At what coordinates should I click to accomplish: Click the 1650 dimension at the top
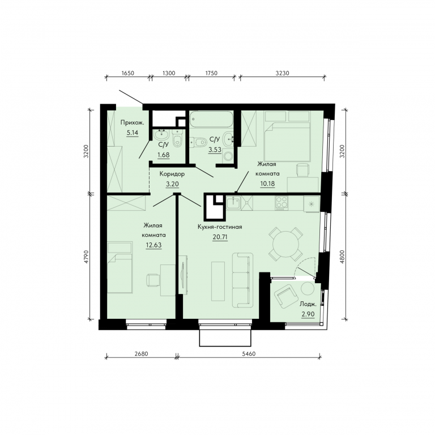coord(128,73)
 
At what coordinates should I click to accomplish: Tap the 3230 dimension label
coord(283,73)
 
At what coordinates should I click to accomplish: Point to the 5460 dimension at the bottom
coord(249,353)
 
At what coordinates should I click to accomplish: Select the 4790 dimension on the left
coord(86,257)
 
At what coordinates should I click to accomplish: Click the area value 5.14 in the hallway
coord(133,133)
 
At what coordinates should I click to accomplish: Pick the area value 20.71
coord(220,237)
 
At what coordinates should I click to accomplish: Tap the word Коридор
coord(172,174)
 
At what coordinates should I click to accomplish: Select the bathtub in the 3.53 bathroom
coord(211,120)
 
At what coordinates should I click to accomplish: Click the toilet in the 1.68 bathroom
coord(177,139)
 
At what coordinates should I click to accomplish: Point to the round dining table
coord(285,245)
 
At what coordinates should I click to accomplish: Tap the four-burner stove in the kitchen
coord(282,203)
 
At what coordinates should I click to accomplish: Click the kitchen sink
coord(233,203)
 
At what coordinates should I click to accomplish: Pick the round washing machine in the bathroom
coord(228,156)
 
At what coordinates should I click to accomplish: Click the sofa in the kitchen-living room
coord(242,280)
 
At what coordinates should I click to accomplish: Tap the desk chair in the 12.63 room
coord(153,280)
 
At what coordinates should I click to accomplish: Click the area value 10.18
coord(267,184)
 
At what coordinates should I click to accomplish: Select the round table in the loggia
coord(308,288)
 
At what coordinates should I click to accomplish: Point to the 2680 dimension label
coord(142,353)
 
